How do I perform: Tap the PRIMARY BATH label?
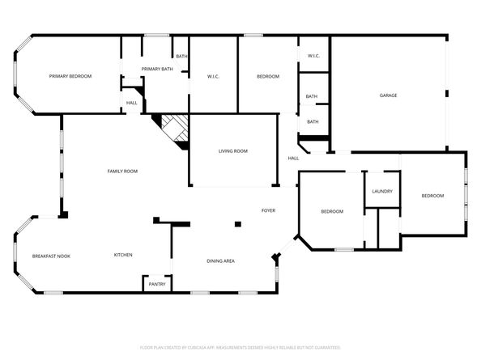click(157, 70)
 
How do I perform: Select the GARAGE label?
click(389, 95)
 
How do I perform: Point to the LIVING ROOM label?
click(233, 151)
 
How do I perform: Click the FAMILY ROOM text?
click(123, 171)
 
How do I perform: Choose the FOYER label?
click(268, 210)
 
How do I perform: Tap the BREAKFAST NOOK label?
click(51, 256)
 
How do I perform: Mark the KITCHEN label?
click(123, 255)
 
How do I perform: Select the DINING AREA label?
click(221, 260)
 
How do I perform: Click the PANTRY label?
click(156, 284)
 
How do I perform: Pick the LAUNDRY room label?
click(382, 191)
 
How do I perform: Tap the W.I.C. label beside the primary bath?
click(214, 77)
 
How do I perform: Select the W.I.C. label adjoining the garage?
click(314, 56)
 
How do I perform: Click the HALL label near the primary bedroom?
click(131, 103)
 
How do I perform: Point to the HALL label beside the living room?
click(293, 158)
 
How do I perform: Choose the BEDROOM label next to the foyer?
click(332, 211)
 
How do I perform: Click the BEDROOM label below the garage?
click(432, 195)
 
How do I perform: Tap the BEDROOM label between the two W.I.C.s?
click(268, 76)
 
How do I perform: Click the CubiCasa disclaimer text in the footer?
click(240, 346)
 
